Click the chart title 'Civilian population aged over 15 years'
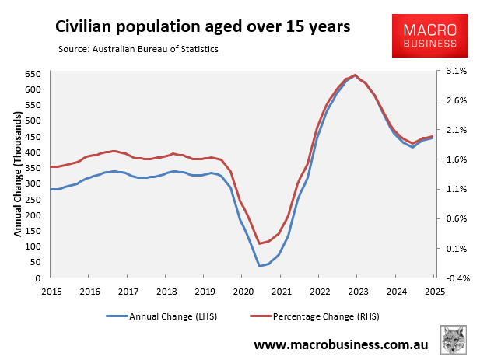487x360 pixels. coord(202,26)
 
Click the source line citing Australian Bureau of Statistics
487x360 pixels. coord(138,50)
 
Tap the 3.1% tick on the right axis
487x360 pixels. coord(456,71)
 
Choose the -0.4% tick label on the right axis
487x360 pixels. coord(454,278)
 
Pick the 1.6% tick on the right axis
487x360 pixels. coord(456,159)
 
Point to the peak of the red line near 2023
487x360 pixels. coord(356,75)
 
